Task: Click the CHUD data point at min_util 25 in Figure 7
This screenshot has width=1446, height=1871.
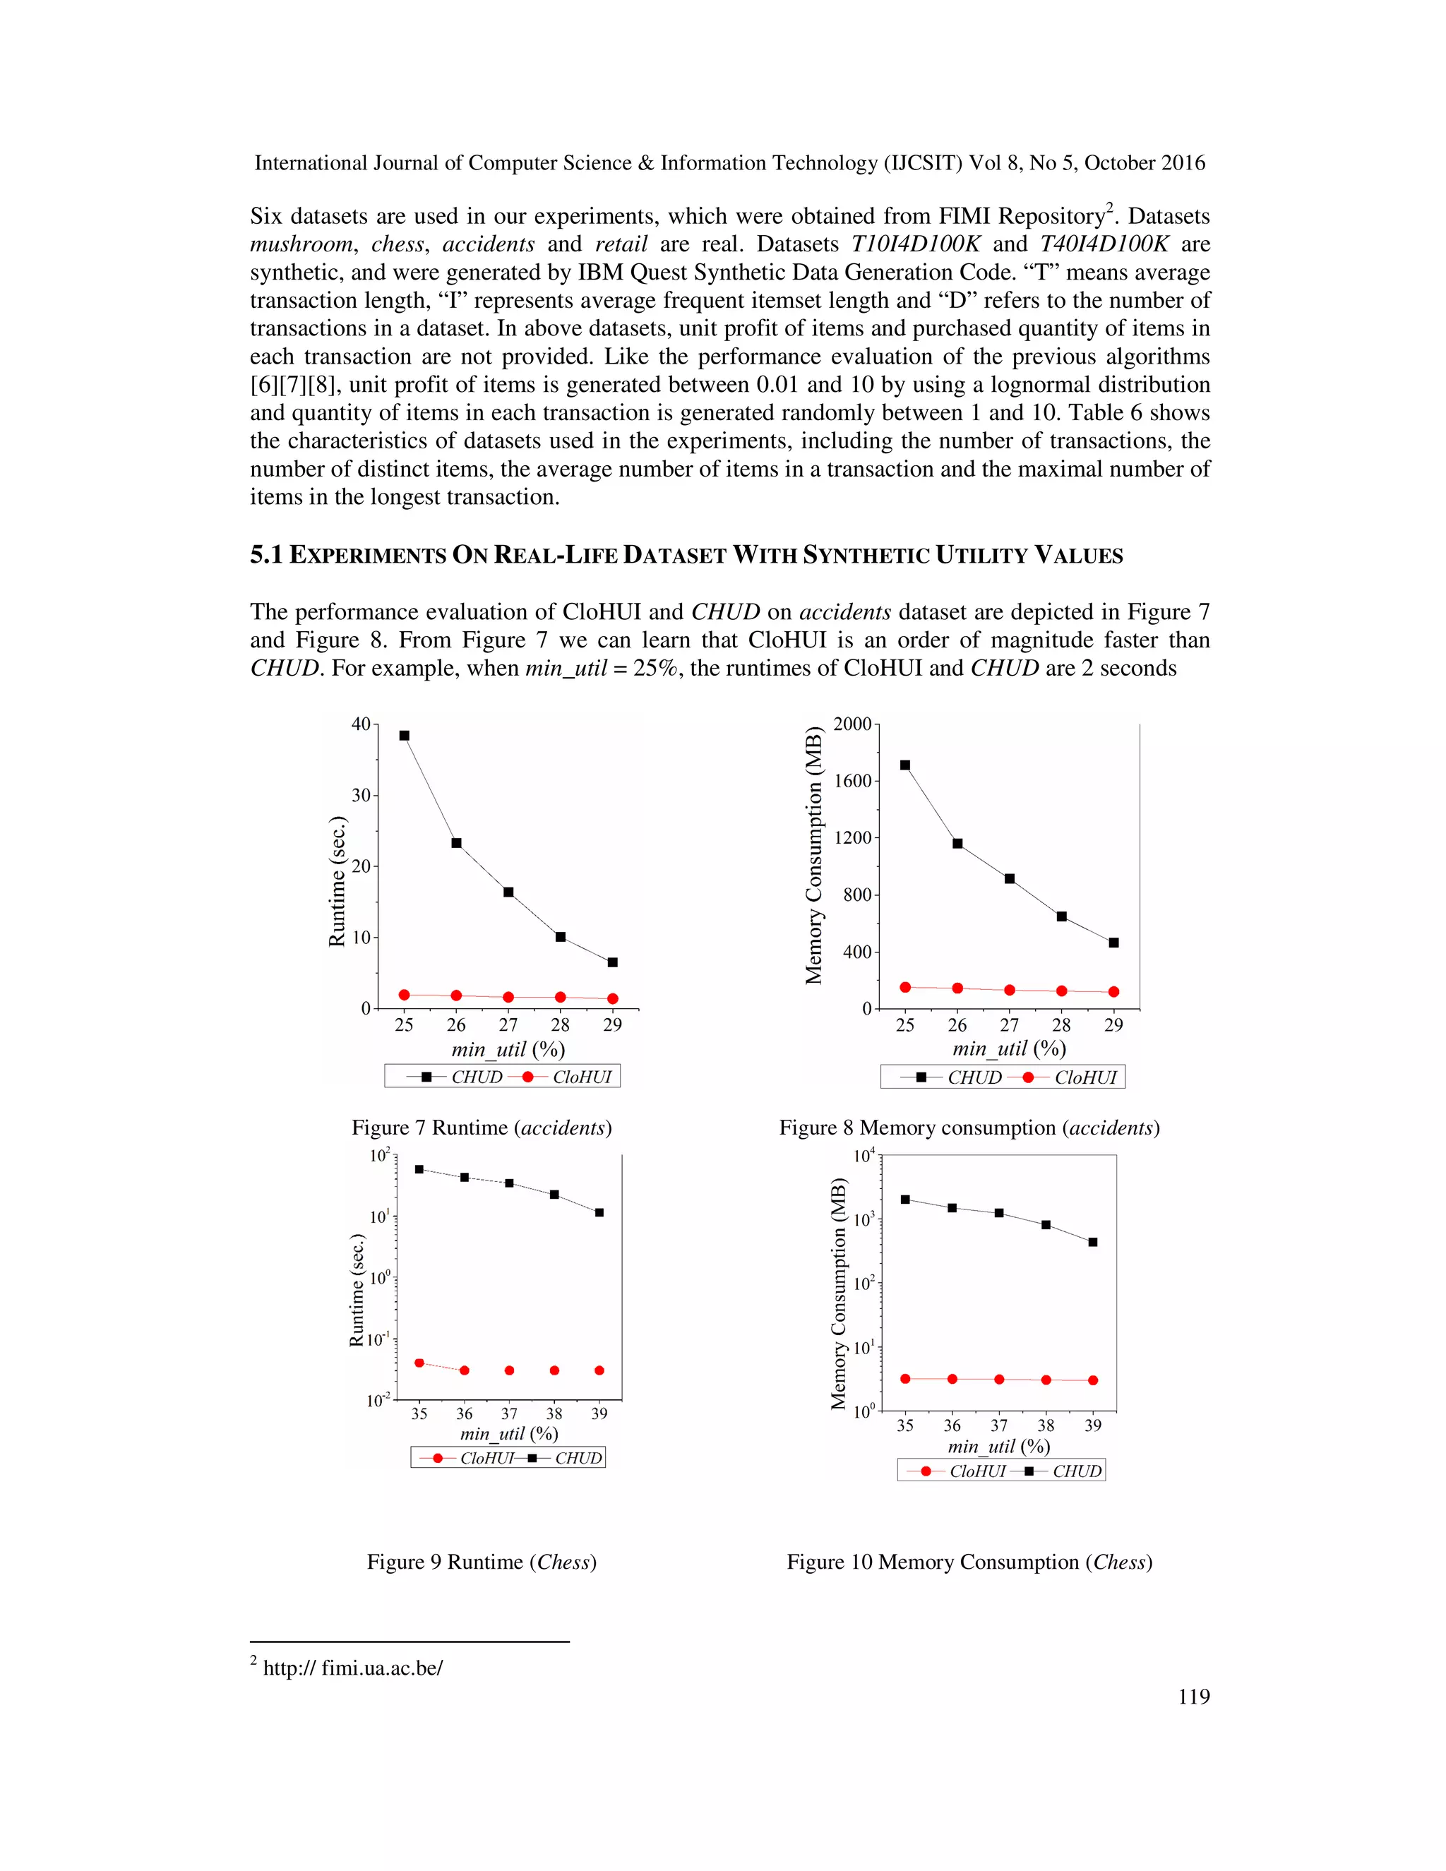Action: pyautogui.click(x=405, y=735)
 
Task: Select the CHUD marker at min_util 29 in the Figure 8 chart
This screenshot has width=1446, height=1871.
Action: pyautogui.click(x=1113, y=943)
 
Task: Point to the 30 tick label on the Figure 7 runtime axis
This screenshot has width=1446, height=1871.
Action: pyautogui.click(x=361, y=795)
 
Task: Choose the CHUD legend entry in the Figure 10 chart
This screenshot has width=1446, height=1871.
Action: pyautogui.click(x=1076, y=1471)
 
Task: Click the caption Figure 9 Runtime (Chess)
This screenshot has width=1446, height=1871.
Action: pyautogui.click(x=482, y=1562)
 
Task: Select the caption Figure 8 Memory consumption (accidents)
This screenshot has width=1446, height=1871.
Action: pyautogui.click(x=969, y=1128)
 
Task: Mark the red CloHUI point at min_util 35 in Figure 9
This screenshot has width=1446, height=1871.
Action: pyautogui.click(x=419, y=1363)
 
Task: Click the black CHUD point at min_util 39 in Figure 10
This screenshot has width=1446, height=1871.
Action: pyautogui.click(x=1092, y=1242)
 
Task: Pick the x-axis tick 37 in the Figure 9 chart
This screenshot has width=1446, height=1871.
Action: pyautogui.click(x=509, y=1414)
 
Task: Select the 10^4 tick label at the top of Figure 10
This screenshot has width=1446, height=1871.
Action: pyautogui.click(x=864, y=1156)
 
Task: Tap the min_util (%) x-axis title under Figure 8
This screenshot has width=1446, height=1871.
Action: pyautogui.click(x=1008, y=1048)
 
